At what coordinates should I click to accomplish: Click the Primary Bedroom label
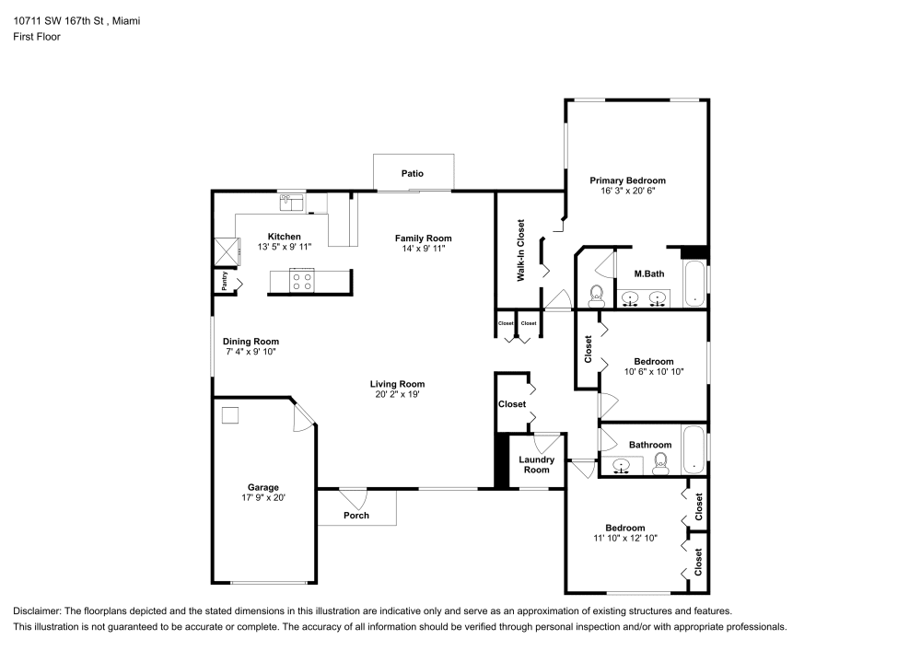point(627,180)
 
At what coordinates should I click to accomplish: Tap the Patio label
point(412,173)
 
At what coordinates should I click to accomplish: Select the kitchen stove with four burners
point(302,281)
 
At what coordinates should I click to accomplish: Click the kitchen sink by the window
point(293,199)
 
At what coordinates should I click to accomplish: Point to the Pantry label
point(223,280)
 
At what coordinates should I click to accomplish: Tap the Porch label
point(356,515)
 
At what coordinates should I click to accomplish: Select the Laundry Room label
point(537,464)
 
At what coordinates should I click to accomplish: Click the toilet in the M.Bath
point(595,294)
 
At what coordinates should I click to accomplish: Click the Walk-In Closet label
point(520,250)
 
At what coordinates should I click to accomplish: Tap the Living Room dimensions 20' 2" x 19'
point(397,394)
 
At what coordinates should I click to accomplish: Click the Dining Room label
point(251,341)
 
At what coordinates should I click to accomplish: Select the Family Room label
point(424,238)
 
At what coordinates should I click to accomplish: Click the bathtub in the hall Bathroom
point(694,448)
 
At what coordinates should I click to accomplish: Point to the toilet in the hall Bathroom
point(660,465)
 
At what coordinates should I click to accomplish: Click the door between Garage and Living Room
point(301,420)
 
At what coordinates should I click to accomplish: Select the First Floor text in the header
point(37,37)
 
